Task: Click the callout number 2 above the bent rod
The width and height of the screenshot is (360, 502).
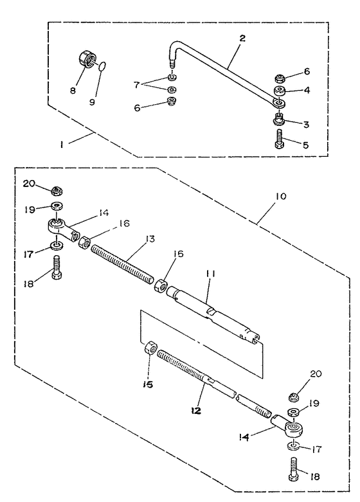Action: click(242, 38)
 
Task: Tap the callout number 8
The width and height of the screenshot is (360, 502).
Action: click(73, 90)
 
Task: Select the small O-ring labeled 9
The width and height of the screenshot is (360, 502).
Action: click(101, 66)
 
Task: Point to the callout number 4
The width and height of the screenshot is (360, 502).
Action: click(307, 90)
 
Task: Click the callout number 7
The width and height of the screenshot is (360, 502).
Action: click(137, 85)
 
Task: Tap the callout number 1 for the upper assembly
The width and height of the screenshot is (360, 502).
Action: click(61, 145)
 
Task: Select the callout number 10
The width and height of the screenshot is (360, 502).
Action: click(280, 196)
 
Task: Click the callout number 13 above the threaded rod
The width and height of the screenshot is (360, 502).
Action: click(149, 239)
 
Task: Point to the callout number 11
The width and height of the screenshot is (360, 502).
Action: click(210, 274)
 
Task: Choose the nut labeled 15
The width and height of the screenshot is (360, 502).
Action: click(150, 347)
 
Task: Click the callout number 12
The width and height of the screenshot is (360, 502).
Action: click(196, 410)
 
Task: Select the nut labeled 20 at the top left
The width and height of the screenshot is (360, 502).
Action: click(57, 191)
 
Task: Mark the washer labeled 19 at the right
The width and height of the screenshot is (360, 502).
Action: click(294, 411)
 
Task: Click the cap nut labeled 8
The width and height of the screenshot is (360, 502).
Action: click(87, 60)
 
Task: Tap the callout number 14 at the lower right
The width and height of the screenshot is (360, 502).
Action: click(244, 436)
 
